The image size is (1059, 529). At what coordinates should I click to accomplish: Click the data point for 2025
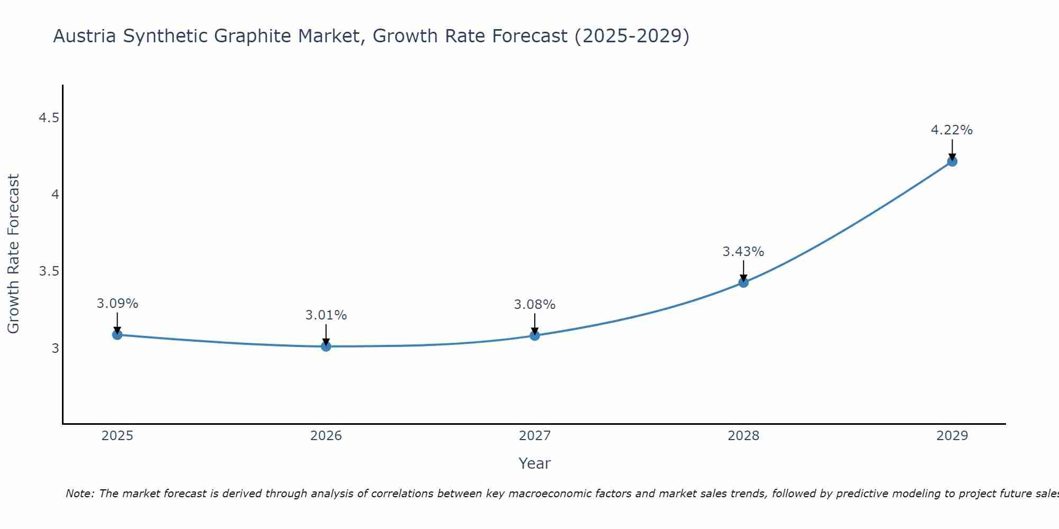(118, 334)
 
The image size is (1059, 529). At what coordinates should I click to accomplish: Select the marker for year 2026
(326, 346)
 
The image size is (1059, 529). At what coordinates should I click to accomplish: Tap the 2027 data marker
(535, 335)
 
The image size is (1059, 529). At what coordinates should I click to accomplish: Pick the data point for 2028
(743, 282)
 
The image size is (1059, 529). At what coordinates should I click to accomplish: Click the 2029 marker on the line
(952, 161)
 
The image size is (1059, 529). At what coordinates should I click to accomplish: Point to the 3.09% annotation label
(118, 304)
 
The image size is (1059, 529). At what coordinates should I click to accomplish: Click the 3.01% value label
(326, 315)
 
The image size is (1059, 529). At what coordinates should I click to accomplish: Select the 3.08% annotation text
(535, 305)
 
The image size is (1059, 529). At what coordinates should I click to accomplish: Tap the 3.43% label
(743, 252)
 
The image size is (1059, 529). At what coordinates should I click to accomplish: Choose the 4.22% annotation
(952, 130)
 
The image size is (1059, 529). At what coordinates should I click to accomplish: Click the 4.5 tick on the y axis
(49, 118)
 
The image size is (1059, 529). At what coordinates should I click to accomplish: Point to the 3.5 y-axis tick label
(49, 271)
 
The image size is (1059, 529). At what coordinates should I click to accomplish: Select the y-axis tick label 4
(55, 195)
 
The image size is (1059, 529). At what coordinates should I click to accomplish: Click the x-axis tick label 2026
(326, 436)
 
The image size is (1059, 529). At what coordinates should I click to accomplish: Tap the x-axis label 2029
(952, 436)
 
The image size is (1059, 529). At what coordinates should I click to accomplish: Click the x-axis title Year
(535, 463)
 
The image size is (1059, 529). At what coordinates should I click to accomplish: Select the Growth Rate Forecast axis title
(14, 254)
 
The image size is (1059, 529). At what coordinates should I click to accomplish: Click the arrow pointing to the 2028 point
(743, 270)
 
